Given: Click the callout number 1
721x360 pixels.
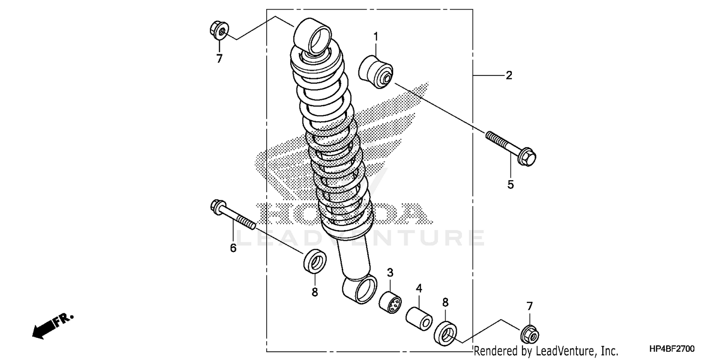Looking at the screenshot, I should pos(376,37).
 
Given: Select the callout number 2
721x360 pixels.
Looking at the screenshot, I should pos(509,75).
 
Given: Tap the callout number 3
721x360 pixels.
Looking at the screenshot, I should pos(390,273).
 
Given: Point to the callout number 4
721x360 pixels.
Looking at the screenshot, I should pos(419,289).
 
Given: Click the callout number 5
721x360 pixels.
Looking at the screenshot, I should pos(510,184).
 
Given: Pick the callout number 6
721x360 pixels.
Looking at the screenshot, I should pos(233,248).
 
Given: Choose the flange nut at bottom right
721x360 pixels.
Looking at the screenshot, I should pos(531,332).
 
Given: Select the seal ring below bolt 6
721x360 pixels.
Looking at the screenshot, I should pos(315,261).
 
